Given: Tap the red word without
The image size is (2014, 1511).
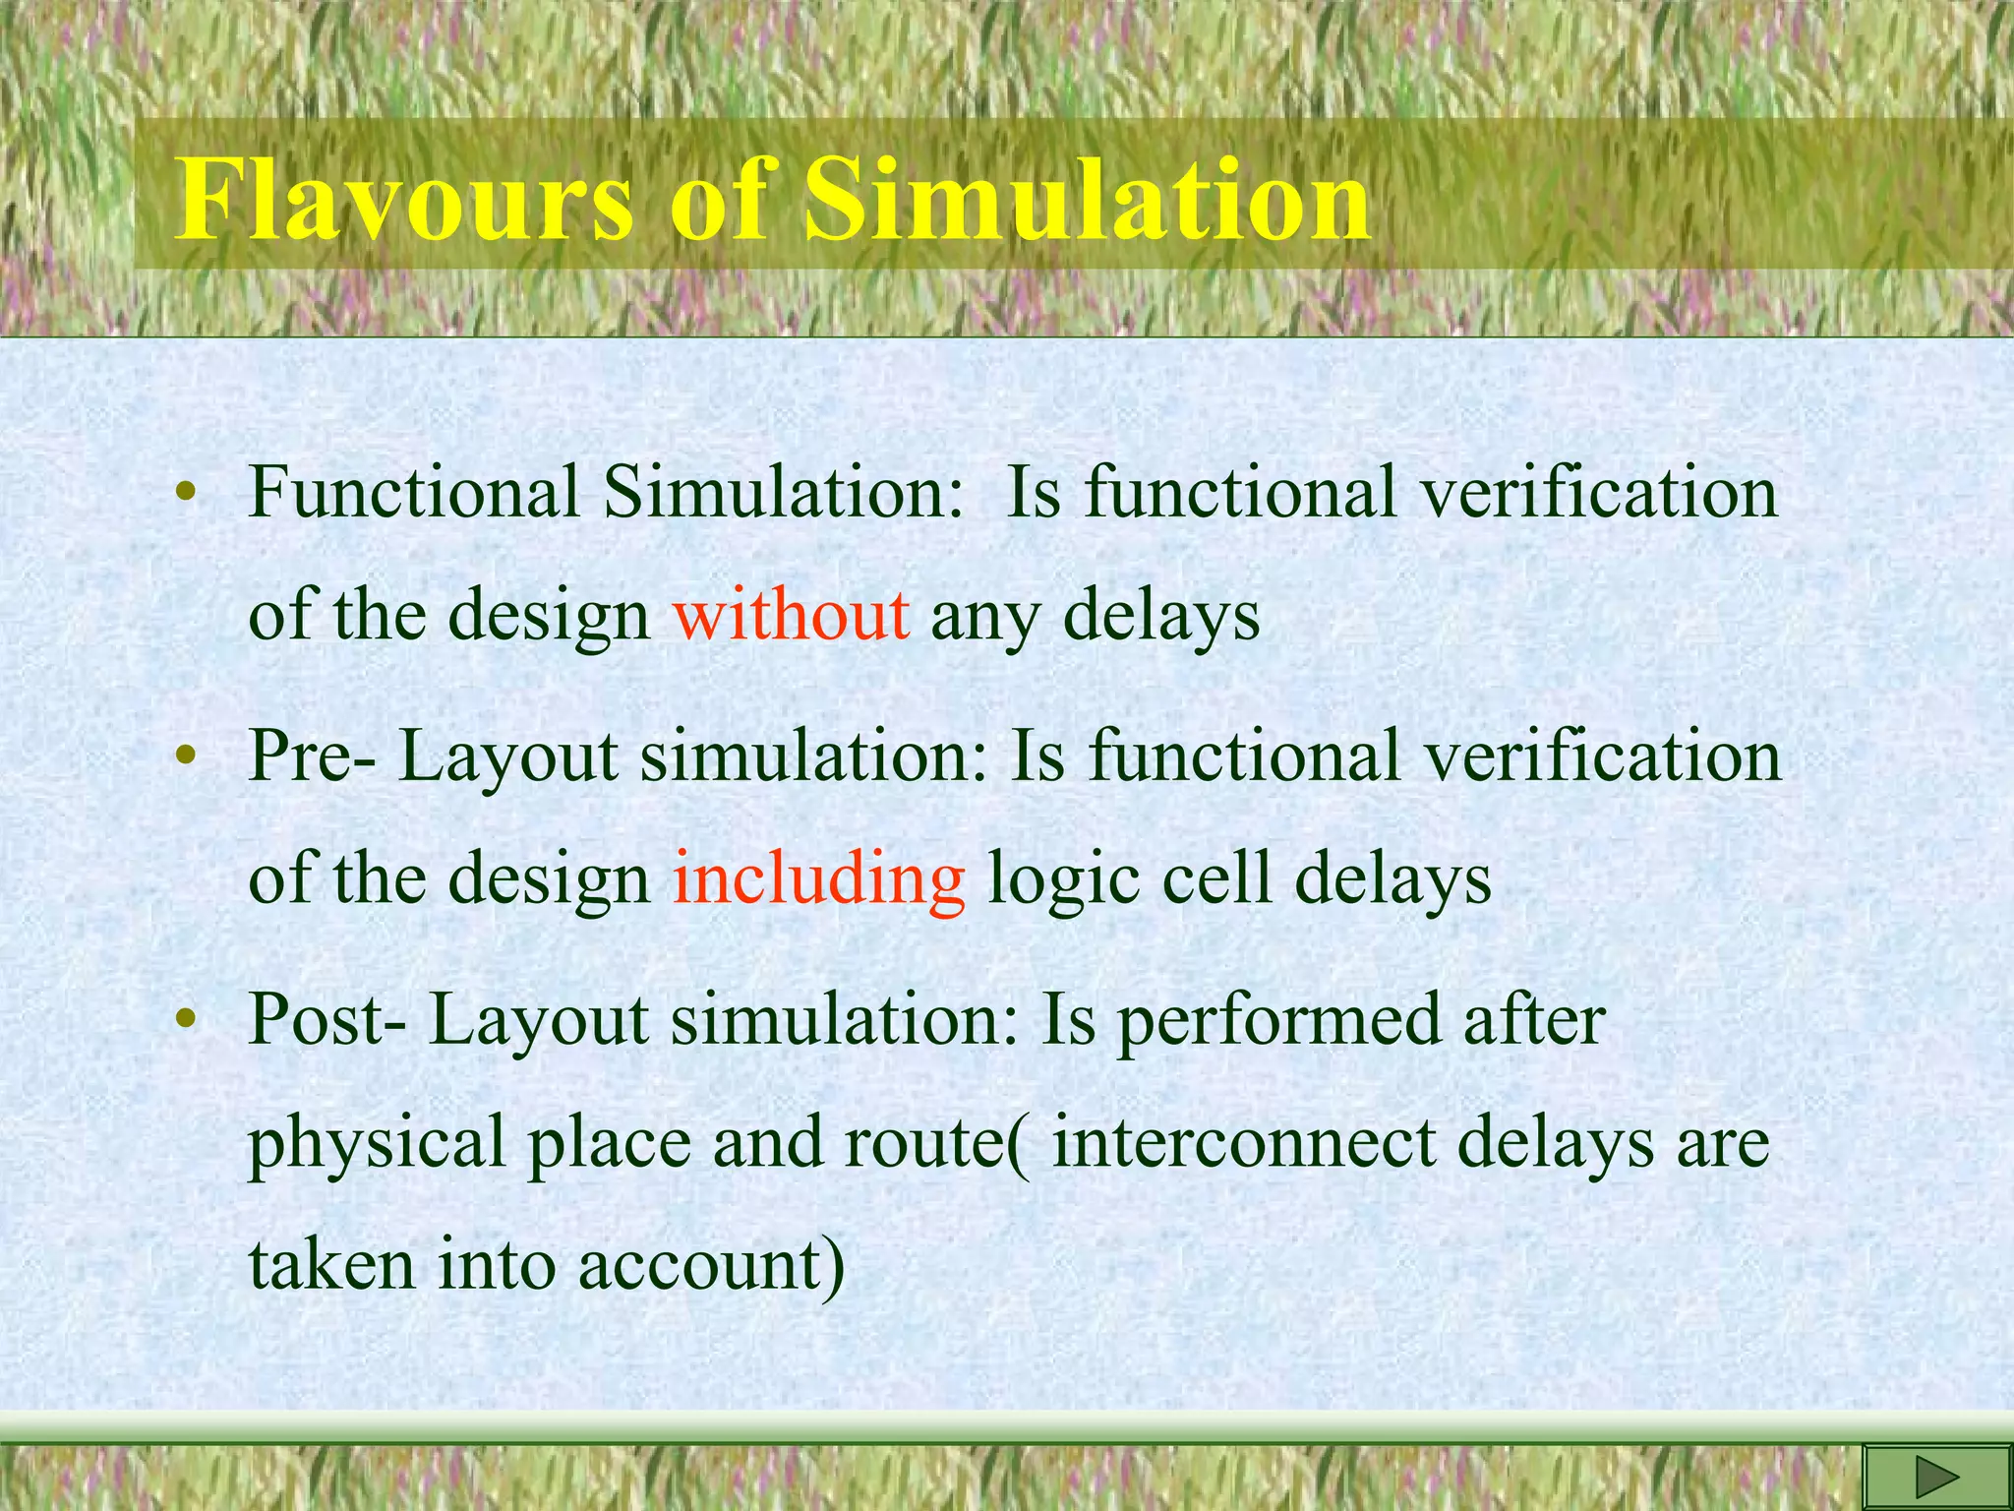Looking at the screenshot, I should click(x=791, y=616).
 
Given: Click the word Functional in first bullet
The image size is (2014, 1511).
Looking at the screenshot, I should click(x=413, y=492).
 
